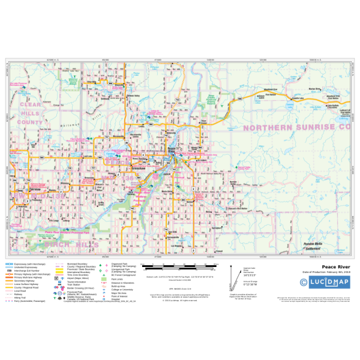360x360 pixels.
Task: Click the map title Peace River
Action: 335,266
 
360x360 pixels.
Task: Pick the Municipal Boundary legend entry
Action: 74,263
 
